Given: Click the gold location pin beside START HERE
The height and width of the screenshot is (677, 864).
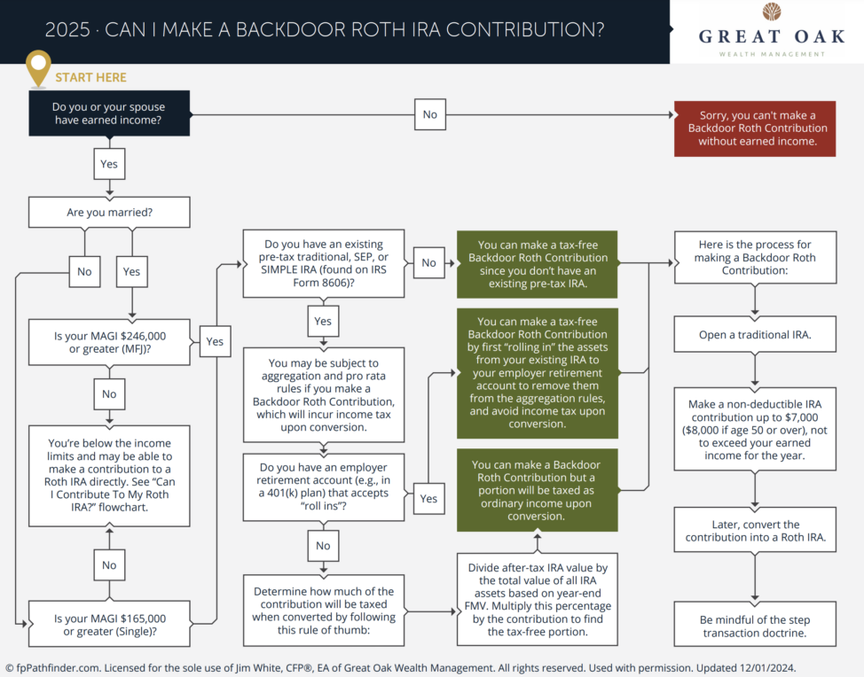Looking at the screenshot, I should (x=38, y=67).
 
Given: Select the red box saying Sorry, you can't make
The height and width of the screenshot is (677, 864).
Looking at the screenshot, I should (x=755, y=128).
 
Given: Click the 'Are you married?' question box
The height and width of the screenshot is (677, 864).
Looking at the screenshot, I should (x=109, y=213).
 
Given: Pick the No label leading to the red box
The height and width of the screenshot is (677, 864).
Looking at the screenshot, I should (x=429, y=114).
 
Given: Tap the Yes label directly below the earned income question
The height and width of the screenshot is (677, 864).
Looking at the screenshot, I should (x=108, y=163).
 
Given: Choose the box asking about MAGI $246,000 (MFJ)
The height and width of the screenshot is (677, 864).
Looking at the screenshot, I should (x=109, y=342).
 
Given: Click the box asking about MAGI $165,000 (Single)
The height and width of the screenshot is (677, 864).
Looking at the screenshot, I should (x=109, y=624).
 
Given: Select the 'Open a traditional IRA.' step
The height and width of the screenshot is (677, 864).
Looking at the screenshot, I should (x=755, y=336).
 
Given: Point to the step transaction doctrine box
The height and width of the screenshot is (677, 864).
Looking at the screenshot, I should (x=755, y=626).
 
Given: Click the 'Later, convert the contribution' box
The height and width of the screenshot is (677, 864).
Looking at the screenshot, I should (x=755, y=530).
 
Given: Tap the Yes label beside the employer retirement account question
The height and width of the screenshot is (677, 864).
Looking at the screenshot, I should (x=428, y=498).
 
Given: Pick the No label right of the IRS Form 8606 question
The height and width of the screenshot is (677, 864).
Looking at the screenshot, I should (x=428, y=263).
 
